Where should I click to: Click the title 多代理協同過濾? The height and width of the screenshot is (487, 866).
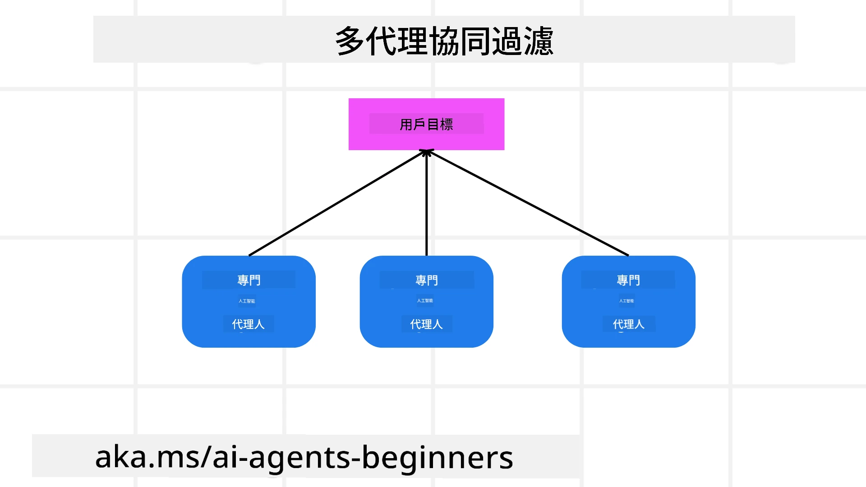coord(444,41)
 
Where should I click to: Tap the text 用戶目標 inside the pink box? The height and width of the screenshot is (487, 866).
coord(426,124)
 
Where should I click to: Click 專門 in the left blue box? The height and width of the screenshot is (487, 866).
coord(249,280)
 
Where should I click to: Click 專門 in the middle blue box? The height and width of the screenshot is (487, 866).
coord(427,280)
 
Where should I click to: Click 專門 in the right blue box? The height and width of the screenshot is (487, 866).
coord(628,280)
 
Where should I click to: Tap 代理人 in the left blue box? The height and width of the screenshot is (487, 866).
coord(248,324)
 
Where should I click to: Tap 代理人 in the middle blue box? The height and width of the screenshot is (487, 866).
coord(426,324)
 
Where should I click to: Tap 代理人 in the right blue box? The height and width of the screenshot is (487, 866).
coord(628,324)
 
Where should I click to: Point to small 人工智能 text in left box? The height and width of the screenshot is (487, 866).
coord(247,301)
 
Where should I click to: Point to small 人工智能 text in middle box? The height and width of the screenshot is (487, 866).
coord(425,300)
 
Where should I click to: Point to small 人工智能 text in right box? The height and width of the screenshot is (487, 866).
coord(626,301)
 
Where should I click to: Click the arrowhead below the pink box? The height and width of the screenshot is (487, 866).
coord(427,153)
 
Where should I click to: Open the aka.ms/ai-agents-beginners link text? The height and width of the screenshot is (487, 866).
coord(304,457)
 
